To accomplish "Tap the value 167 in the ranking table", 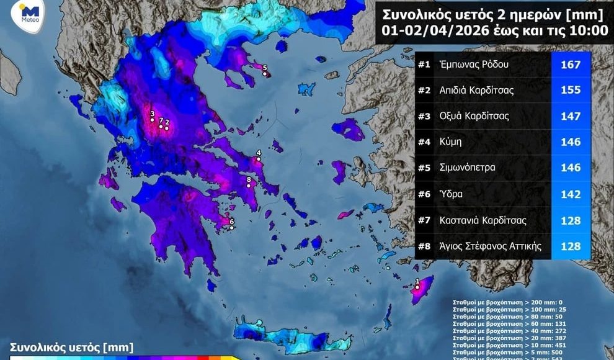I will pos(570,65).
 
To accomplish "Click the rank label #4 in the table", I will pos(427,142).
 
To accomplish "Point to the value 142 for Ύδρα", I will pos(570,194).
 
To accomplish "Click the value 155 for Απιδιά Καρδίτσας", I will pos(570,91).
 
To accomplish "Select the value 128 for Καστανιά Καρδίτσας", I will pos(570,220).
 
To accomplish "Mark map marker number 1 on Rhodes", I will pos(417,287).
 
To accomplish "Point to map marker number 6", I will pos(231,228).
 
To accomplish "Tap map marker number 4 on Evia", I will pos(259,159).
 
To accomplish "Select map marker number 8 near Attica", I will pos(249,185).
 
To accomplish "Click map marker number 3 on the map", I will pos(152,120).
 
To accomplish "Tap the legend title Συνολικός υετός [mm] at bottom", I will pos(71,348).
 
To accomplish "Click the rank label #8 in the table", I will pos(427,246).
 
